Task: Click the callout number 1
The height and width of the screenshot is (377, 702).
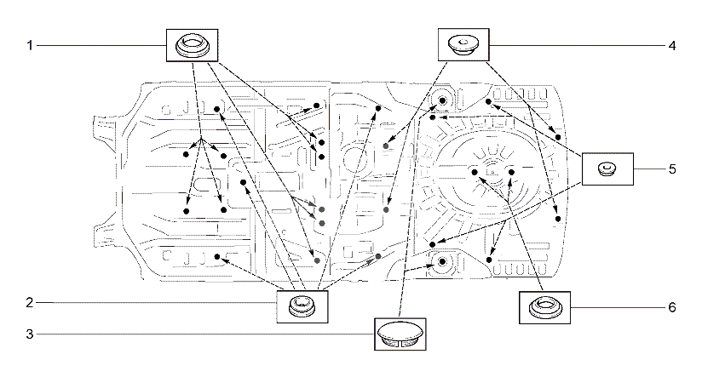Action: point(29,45)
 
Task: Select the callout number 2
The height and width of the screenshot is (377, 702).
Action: point(29,302)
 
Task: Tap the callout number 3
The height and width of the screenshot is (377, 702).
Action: point(29,334)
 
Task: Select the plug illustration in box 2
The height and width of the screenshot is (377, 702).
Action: point(301,306)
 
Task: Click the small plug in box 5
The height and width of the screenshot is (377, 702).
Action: point(607,169)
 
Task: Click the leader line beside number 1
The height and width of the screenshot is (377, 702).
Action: point(98,45)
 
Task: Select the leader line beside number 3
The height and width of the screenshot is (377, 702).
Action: point(204,334)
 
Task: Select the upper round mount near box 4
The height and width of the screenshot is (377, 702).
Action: point(442,103)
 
